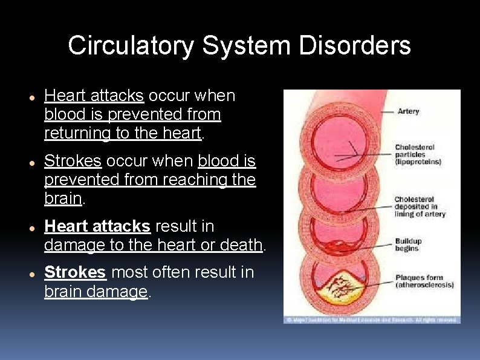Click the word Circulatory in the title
(x=131, y=46)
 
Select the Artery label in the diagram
(x=408, y=111)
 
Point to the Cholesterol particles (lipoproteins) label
(x=418, y=154)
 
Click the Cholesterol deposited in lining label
(x=420, y=206)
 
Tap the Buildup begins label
(x=408, y=244)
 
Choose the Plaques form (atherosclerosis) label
(x=424, y=281)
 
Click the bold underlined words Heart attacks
(x=97, y=226)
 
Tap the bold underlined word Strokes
(x=75, y=273)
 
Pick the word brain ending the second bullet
(x=63, y=198)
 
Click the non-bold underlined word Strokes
(x=73, y=162)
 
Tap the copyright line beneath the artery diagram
(x=371, y=319)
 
